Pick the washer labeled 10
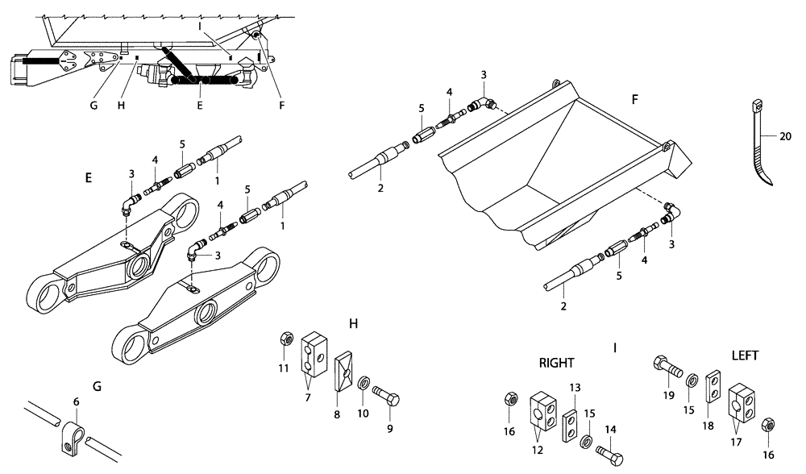pos(364,380)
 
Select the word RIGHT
pos(556,363)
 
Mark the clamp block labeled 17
pos(742,401)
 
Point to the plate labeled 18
pos(713,386)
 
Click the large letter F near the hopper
pos(634,102)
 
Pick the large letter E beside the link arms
pos(88,176)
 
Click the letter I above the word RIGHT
pos(615,348)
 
